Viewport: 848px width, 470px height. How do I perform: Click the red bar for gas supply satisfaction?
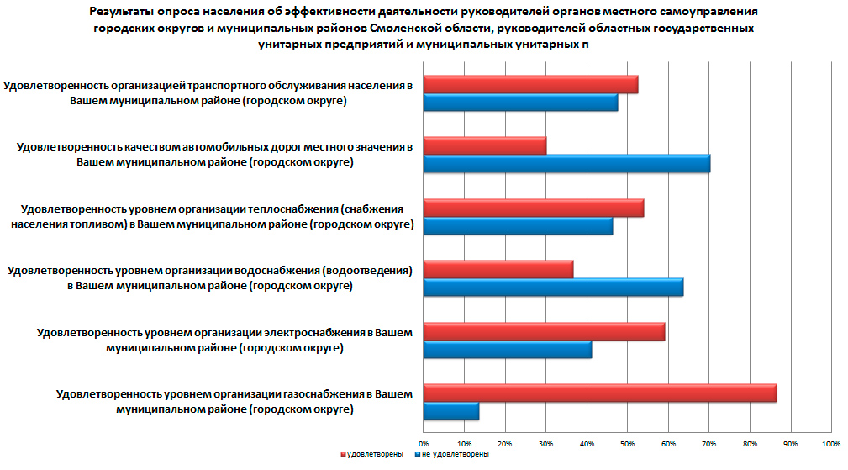click(599, 393)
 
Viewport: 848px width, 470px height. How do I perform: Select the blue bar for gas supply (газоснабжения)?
click(450, 411)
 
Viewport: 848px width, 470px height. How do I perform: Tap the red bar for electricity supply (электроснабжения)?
click(544, 331)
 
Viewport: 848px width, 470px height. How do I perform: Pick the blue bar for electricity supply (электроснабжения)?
click(507, 350)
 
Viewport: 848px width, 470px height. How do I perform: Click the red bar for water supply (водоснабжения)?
click(498, 269)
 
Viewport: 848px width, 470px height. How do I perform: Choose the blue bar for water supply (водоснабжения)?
click(553, 288)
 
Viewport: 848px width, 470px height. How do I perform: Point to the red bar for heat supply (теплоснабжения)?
click(533, 208)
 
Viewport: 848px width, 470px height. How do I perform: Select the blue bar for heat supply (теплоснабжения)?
click(518, 226)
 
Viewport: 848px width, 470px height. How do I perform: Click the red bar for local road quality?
click(484, 146)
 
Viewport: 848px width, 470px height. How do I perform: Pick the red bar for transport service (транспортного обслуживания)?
click(530, 84)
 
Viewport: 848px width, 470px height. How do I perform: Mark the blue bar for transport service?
click(520, 103)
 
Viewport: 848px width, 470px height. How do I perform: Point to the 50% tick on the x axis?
click(627, 443)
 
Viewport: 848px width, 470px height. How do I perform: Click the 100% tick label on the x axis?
click(830, 443)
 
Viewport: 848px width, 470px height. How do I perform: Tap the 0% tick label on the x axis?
click(424, 443)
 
